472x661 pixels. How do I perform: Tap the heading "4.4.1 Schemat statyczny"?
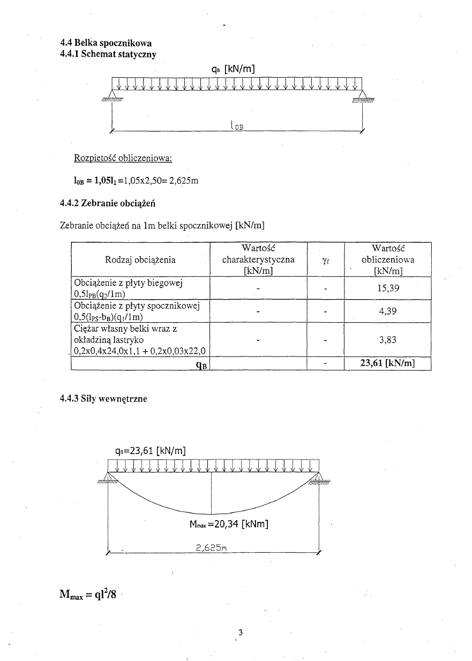pyautogui.click(x=109, y=53)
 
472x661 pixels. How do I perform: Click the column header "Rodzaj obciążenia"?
pyautogui.click(x=140, y=260)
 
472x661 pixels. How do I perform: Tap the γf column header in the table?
pyautogui.click(x=325, y=261)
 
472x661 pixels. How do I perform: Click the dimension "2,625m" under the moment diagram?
pyautogui.click(x=210, y=548)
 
